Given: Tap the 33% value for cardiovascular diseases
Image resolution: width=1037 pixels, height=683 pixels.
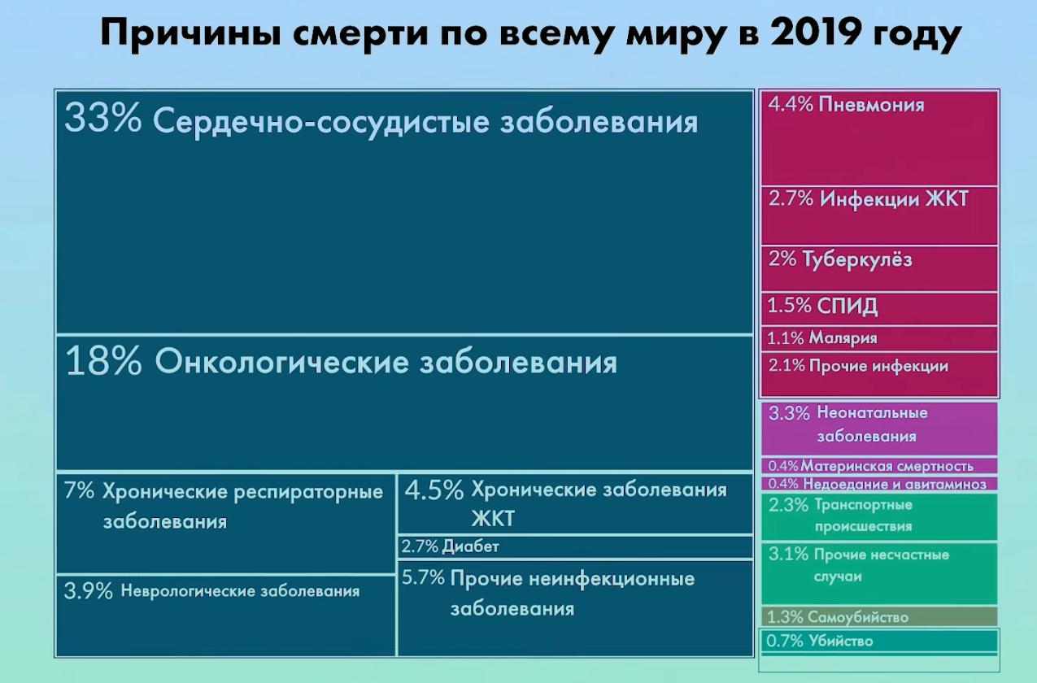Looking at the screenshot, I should click(x=102, y=120).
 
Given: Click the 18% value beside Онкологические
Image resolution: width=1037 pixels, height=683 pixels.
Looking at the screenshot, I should click(x=103, y=362).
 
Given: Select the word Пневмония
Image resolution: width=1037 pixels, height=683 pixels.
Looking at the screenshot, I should click(x=872, y=105).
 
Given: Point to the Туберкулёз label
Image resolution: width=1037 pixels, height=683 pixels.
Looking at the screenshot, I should click(x=857, y=259).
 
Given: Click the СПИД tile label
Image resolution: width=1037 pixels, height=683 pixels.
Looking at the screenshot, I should click(x=848, y=307).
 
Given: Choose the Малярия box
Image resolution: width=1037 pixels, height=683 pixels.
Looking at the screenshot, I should click(x=878, y=338).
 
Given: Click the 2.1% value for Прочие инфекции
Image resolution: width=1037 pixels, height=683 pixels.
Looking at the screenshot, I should click(x=786, y=366).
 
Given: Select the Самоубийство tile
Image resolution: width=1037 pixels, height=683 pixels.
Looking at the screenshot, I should click(x=878, y=617).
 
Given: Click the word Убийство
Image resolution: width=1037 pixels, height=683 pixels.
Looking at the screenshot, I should click(x=841, y=641).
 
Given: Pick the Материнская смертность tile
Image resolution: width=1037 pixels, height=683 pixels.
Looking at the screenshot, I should click(x=878, y=466).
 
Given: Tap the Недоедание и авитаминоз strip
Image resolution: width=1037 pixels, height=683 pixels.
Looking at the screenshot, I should click(x=878, y=484).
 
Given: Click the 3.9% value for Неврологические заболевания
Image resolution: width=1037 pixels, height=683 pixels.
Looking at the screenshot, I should click(x=88, y=591).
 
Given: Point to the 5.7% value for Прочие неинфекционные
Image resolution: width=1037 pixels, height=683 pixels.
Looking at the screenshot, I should click(x=423, y=579).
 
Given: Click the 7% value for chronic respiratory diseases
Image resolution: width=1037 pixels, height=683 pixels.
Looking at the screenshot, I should click(x=80, y=492).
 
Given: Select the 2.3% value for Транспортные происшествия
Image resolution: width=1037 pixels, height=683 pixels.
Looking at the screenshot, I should click(x=788, y=505).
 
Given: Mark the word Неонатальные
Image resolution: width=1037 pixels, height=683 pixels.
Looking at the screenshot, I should click(x=872, y=413).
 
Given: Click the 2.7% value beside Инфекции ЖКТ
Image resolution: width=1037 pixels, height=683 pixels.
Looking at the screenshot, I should click(x=791, y=198).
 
